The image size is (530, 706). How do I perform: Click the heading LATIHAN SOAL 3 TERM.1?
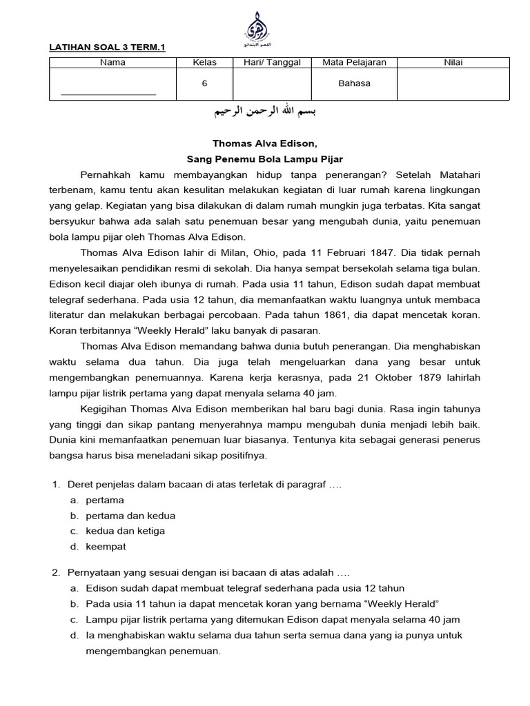(x=108, y=48)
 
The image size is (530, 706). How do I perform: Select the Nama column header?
(x=112, y=63)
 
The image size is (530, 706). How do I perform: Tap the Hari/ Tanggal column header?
(x=272, y=63)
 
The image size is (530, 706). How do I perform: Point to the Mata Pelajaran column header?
(x=354, y=63)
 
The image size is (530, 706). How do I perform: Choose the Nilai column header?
(x=453, y=63)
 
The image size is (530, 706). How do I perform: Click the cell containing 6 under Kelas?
(x=204, y=83)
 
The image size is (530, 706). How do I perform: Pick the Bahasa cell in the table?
(x=354, y=83)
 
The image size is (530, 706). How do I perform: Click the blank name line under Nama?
(x=108, y=93)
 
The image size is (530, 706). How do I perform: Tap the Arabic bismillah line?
(x=264, y=112)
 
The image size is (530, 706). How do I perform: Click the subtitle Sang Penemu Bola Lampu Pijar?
(x=265, y=159)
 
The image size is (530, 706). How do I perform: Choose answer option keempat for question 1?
(x=106, y=547)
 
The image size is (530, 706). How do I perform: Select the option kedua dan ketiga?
(x=125, y=531)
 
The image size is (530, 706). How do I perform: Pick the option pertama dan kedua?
(x=130, y=515)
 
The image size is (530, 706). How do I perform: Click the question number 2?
(x=56, y=572)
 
